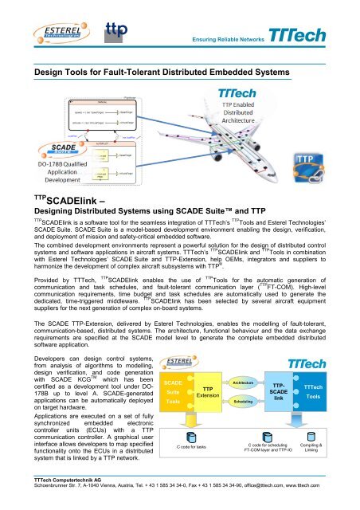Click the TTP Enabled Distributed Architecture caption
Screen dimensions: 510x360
[x=244, y=120]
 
